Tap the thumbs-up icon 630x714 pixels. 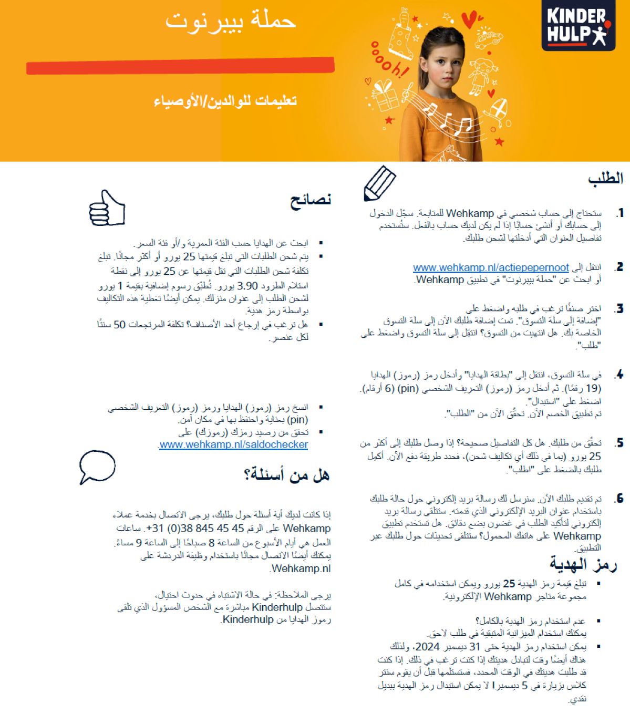coord(107,209)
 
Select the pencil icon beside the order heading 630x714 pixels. coord(379,183)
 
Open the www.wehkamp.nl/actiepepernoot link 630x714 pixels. coord(491,267)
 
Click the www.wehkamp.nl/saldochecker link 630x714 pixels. coord(233,444)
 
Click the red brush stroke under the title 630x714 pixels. coord(180,66)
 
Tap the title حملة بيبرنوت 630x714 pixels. coord(231,21)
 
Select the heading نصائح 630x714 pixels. coord(311,200)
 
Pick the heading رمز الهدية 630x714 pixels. coord(582,565)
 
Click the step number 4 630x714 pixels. coord(619,375)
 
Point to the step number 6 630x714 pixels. coord(619,498)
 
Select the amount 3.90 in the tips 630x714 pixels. coord(248,286)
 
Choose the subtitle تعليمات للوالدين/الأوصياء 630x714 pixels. coord(225,100)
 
